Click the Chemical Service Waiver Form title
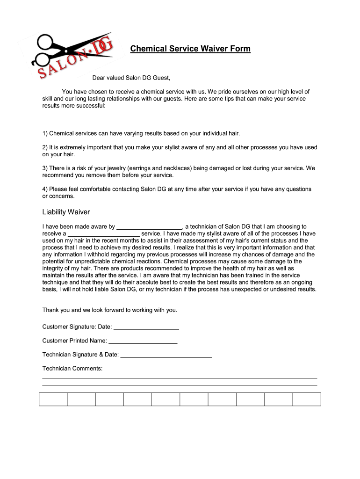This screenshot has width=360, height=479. pyautogui.click(x=190, y=49)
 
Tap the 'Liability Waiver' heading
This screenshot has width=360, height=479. pyautogui.click(x=66, y=212)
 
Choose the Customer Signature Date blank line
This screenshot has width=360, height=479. pyautogui.click(x=146, y=327)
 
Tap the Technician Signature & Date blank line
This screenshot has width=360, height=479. pyautogui.click(x=166, y=355)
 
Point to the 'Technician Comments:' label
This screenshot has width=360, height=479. pyautogui.click(x=72, y=369)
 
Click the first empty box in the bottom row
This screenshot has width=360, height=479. pyautogui.click(x=53, y=399)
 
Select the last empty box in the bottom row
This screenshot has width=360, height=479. pyautogui.click(x=307, y=399)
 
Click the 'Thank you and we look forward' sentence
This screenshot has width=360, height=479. pyautogui.click(x=110, y=310)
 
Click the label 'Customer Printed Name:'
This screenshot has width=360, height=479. pyautogui.click(x=74, y=341)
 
